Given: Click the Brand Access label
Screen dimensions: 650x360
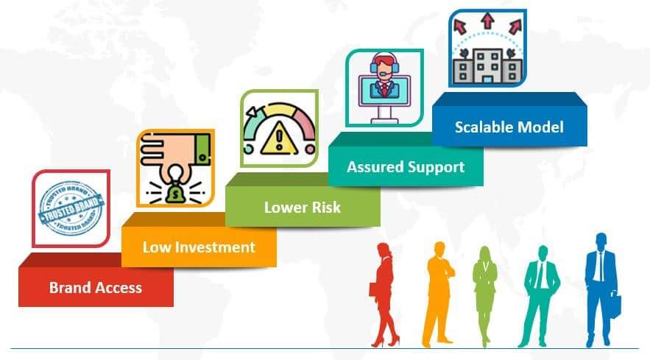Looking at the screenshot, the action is pos(96,287).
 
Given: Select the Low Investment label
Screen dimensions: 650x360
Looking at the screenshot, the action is pos(199,247).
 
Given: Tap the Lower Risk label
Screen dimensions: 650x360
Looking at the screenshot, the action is pos(303,208).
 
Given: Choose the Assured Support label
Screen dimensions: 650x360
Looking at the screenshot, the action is pos(406,167).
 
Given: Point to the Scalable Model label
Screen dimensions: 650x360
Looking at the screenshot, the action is pos(509,127).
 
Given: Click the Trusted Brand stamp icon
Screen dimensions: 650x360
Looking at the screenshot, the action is pos(71,205).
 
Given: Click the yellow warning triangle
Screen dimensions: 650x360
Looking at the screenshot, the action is pos(278,138).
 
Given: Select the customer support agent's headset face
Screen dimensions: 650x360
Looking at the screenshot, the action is pos(385,66).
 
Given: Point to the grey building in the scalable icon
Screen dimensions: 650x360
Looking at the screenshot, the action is pos(487,66).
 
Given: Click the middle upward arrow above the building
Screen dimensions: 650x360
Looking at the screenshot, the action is pos(487,21).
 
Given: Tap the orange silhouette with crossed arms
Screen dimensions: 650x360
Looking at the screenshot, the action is pos(439,293).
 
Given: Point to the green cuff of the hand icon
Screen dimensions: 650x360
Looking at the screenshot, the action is pos(202,149).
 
